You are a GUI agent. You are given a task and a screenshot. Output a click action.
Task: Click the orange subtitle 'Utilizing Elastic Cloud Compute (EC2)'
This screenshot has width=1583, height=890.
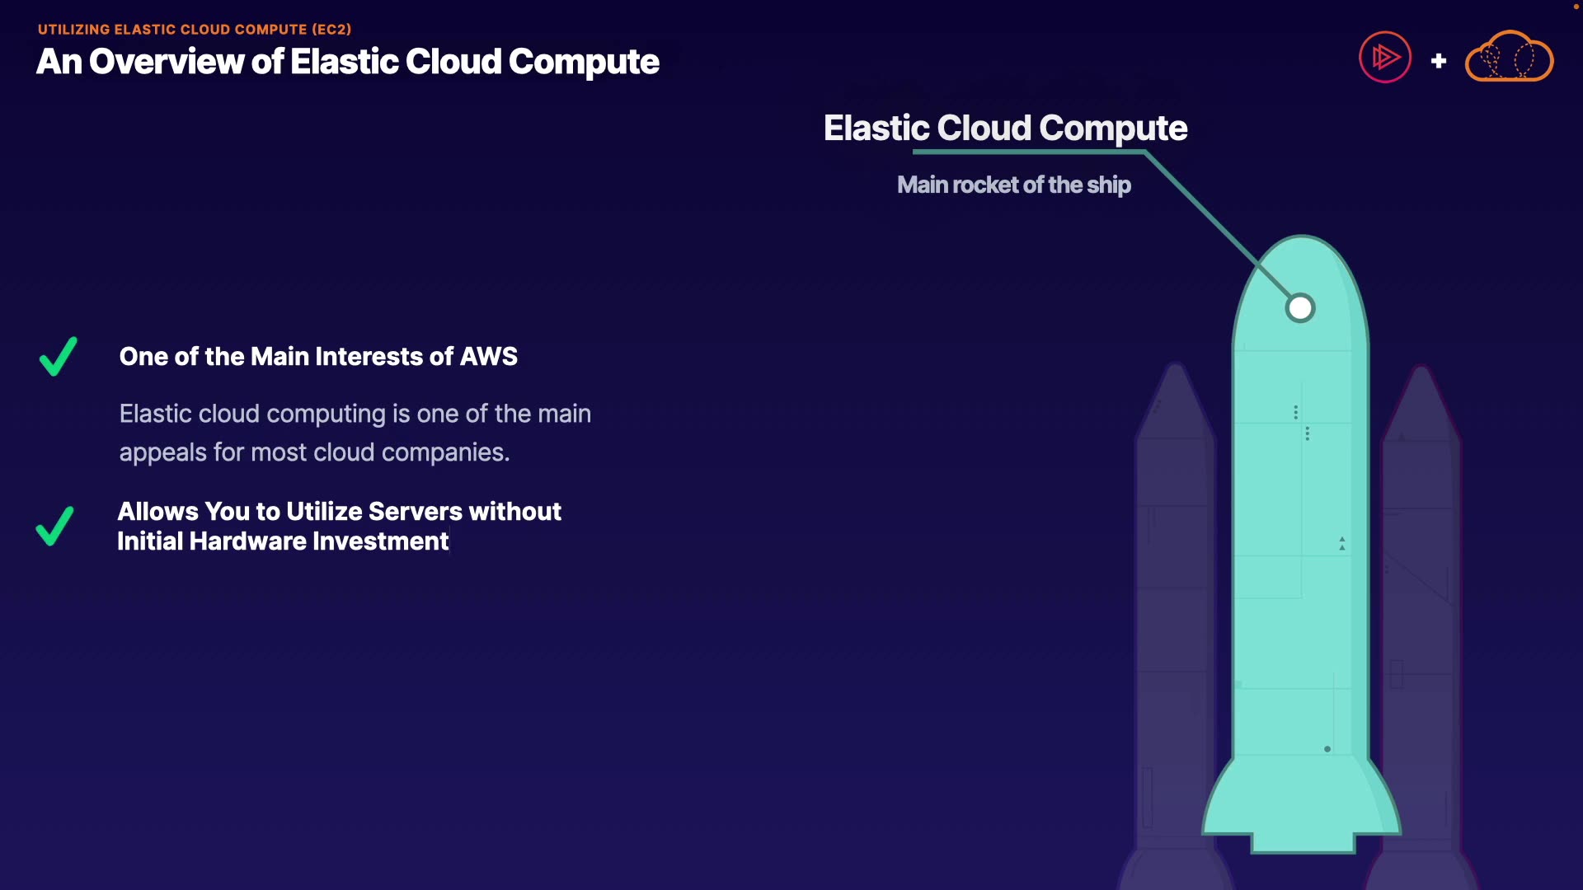[195, 30]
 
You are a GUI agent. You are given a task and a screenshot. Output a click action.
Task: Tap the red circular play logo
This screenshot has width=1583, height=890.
[1385, 57]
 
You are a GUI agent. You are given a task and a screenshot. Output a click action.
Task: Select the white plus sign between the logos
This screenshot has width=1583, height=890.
[1439, 61]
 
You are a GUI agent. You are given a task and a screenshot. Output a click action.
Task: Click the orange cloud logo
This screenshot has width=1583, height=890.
[1510, 56]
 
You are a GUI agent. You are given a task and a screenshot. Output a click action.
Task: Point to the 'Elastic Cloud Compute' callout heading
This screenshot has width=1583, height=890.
[1005, 128]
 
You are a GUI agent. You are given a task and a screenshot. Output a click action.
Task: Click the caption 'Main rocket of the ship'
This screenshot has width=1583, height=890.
[1014, 185]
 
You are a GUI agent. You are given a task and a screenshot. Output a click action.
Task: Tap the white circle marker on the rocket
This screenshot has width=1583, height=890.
[1300, 308]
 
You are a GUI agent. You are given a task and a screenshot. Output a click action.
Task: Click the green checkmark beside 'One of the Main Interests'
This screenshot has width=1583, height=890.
[59, 357]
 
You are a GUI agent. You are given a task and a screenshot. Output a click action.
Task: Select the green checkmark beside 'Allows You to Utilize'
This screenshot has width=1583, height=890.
[55, 526]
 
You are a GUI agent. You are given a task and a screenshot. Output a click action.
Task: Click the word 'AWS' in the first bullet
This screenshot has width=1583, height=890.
[489, 356]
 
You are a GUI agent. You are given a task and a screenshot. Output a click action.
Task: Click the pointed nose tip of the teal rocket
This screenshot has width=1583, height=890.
[1301, 237]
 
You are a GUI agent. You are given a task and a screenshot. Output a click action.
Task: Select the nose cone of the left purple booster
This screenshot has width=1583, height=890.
[1176, 400]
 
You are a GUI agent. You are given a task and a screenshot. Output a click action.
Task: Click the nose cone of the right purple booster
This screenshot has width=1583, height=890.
[1421, 403]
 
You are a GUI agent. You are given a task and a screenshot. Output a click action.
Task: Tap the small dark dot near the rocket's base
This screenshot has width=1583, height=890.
[1327, 749]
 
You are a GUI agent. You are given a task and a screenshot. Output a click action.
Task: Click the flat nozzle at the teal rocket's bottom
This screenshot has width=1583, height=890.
[1304, 843]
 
